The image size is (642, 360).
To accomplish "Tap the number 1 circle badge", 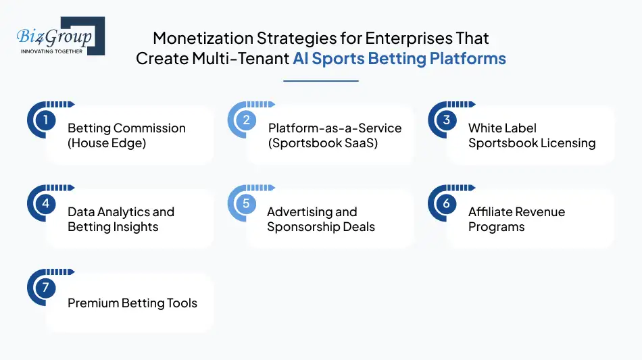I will pos(45,121).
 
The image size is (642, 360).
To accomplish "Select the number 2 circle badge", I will pos(246,121).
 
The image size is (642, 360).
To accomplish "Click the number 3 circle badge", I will pos(446,121).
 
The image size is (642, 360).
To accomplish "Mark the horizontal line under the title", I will pos(320,81).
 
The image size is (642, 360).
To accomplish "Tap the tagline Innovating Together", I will pos(52,51).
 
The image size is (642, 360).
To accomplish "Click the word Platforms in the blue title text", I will pos(468,59).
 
